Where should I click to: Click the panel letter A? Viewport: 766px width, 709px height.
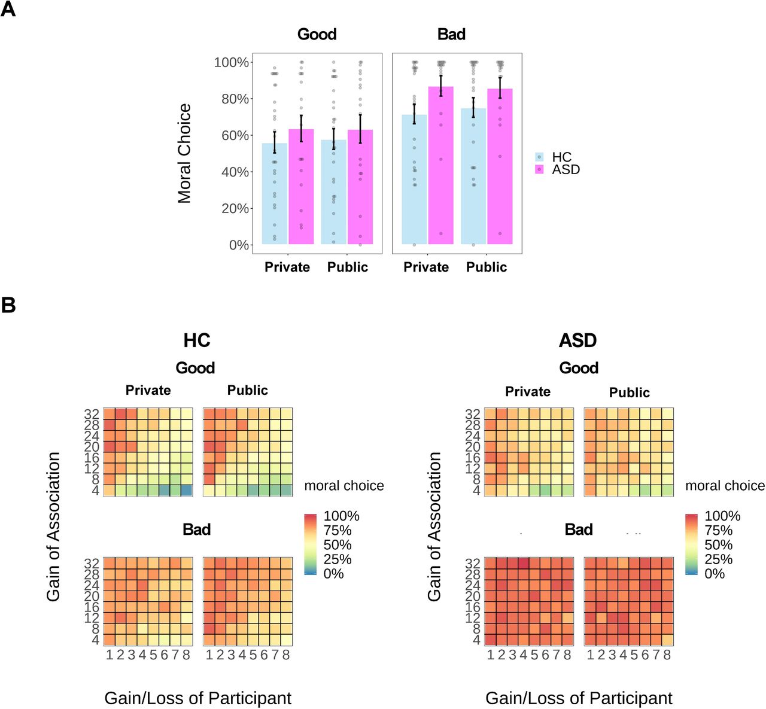click(8, 10)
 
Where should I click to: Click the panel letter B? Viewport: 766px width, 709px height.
click(8, 305)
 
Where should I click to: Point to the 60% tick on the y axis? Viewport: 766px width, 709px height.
click(251, 135)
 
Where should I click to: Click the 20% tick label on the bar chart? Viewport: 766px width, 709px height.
click(235, 208)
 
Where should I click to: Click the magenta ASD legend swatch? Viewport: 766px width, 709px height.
click(539, 170)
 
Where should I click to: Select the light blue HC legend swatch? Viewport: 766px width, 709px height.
click(539, 157)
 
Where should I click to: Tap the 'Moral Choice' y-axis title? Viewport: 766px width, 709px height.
click(184, 153)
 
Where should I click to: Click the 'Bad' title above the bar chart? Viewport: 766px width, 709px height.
click(451, 34)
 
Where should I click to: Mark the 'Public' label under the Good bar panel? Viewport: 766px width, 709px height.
click(347, 267)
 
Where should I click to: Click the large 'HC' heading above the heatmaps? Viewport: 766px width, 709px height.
click(197, 340)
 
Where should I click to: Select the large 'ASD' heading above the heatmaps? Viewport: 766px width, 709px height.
click(578, 340)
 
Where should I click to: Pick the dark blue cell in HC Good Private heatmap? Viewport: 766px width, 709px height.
click(187, 490)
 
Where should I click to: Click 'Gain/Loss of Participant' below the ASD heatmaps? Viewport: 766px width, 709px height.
click(579, 698)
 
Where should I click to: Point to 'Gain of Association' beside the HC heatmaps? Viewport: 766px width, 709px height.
click(53, 527)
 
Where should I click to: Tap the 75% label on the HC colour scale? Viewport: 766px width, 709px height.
click(338, 531)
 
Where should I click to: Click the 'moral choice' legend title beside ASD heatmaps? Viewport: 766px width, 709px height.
click(725, 486)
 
